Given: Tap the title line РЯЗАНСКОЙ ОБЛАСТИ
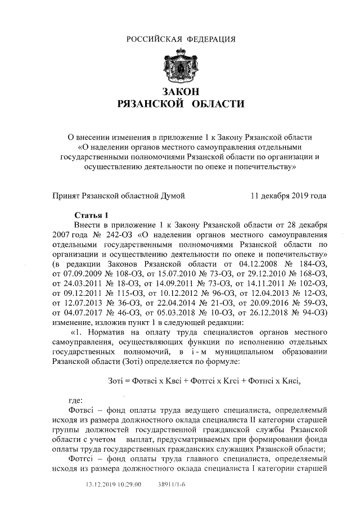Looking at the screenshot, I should tap(180, 103).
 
